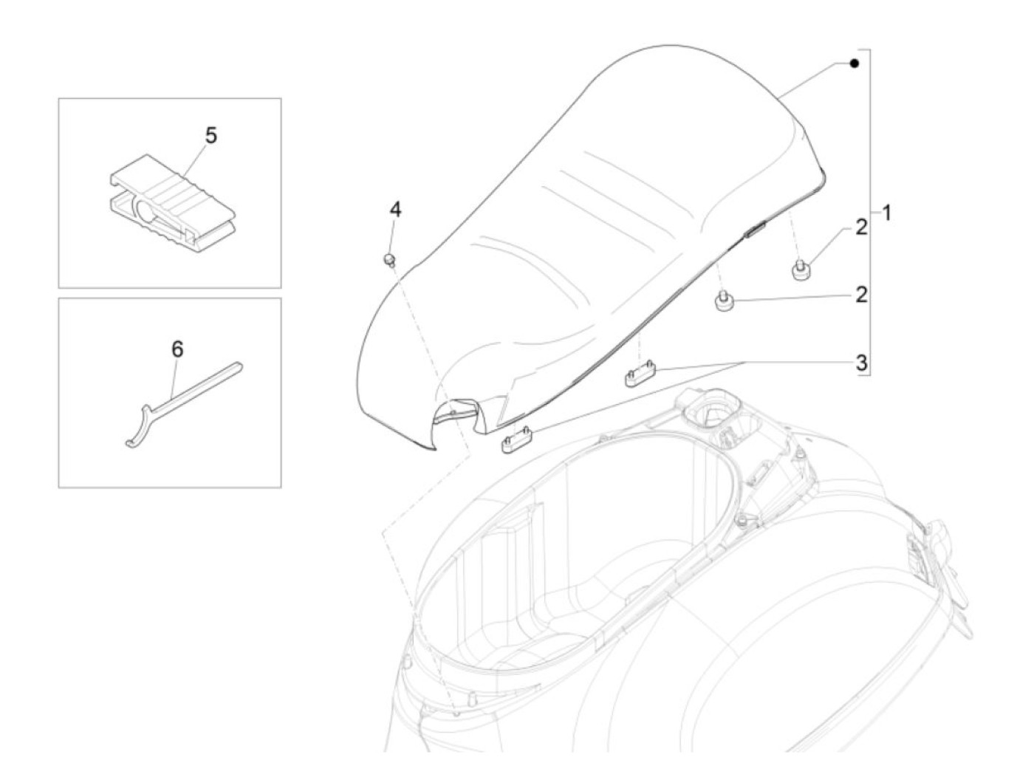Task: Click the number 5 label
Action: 211,136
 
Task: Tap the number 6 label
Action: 177,349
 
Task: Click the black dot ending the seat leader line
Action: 854,64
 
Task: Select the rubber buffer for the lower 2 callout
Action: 723,303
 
